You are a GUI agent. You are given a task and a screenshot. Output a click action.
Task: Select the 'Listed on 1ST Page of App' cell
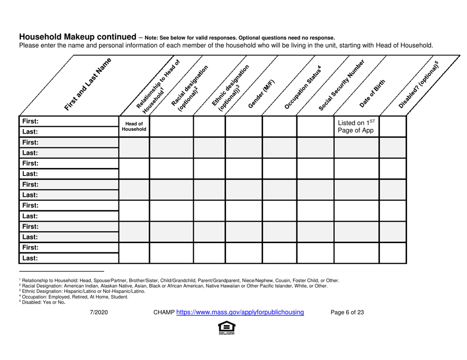(356, 127)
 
